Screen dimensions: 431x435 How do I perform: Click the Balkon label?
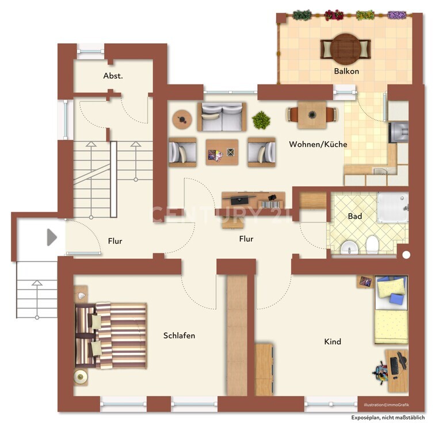pos(346,71)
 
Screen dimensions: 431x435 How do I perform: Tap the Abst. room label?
pos(113,76)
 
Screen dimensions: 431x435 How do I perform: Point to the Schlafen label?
pos(179,336)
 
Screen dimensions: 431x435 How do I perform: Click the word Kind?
pos(333,341)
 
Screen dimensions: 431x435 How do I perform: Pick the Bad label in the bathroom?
pos(355,216)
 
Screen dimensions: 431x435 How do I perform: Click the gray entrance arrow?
pos(51,237)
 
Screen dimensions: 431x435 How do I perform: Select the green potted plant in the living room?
pos(261,120)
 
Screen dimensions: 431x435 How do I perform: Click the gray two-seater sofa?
pos(222,117)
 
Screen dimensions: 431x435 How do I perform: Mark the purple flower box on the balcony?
pos(397,15)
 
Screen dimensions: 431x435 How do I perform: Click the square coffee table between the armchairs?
pos(222,152)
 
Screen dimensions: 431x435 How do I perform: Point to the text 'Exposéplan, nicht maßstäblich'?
pos(388,418)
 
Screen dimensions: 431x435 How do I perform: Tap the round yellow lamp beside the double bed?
pos(81,376)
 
